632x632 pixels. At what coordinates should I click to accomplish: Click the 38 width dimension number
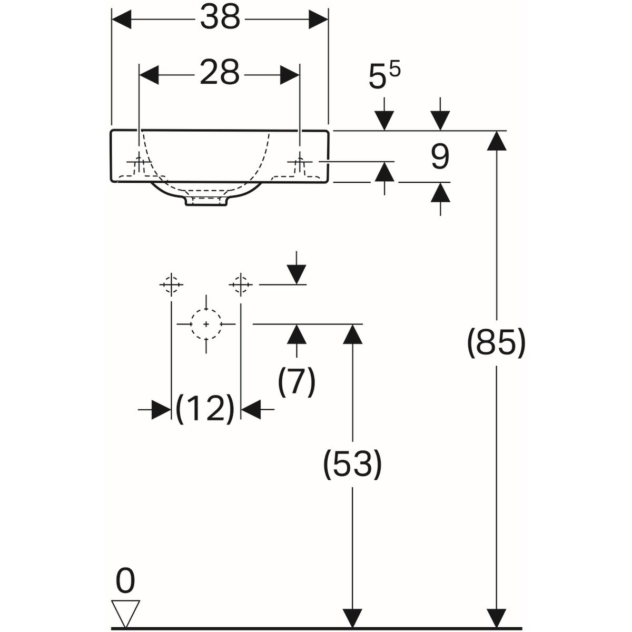tap(220, 17)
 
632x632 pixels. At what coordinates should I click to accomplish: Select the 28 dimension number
tap(220, 73)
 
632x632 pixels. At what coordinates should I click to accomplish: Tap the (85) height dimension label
tap(496, 343)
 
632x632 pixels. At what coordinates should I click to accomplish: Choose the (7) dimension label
tap(297, 381)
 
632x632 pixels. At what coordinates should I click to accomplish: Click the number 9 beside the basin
tap(440, 157)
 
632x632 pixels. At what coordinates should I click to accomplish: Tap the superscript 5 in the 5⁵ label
tap(395, 71)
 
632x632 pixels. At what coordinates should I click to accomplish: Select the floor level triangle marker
tap(126, 609)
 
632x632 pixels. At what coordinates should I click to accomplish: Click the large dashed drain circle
tap(206, 324)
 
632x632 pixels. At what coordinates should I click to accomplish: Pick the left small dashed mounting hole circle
tap(171, 284)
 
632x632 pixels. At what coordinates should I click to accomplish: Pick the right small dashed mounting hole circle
tap(241, 284)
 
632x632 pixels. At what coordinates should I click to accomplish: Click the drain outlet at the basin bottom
tap(206, 201)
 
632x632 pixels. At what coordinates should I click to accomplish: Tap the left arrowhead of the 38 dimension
tap(122, 19)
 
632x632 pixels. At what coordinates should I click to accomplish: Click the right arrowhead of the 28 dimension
tap(290, 75)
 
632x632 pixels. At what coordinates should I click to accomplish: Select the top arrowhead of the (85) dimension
tap(497, 141)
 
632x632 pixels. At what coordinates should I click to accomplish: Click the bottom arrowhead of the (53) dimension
tap(352, 608)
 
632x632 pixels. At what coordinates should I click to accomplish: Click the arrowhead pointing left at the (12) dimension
tap(251, 409)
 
